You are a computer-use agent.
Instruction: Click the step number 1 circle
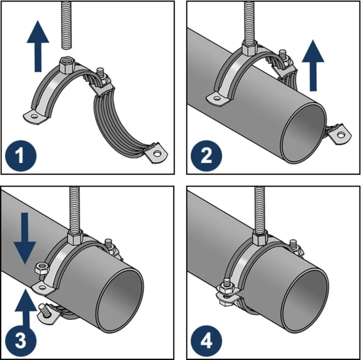(x=21, y=156)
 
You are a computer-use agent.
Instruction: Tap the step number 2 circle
(x=206, y=156)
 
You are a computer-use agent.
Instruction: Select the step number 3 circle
(x=21, y=341)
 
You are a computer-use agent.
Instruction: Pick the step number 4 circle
(x=206, y=341)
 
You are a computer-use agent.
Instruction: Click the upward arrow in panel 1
(x=38, y=46)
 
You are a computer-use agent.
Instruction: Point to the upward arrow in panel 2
(x=313, y=65)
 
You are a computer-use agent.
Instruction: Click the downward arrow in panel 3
(x=25, y=238)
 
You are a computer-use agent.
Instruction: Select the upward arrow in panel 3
(x=26, y=309)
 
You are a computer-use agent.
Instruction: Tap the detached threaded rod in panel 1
(x=67, y=25)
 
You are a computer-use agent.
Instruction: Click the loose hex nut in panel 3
(x=42, y=268)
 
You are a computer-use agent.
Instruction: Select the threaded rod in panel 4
(x=260, y=209)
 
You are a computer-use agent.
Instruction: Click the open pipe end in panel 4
(x=305, y=300)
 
